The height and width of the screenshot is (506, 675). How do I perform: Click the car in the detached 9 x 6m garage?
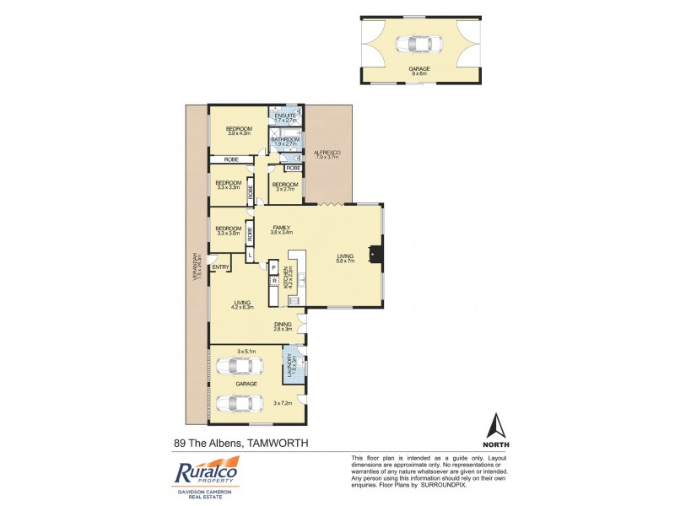(x=420, y=45)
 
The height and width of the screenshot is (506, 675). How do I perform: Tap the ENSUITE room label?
(x=279, y=116)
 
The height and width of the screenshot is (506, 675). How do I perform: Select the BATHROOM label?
(x=279, y=141)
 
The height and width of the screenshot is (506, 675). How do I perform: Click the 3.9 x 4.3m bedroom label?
(x=239, y=130)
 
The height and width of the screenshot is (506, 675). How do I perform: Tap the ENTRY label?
(x=221, y=267)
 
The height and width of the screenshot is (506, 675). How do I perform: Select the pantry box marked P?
(x=274, y=267)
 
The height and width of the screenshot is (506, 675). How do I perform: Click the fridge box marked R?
(x=274, y=281)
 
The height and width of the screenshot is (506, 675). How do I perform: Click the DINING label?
(x=282, y=326)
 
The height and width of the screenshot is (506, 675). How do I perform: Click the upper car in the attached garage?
(x=239, y=367)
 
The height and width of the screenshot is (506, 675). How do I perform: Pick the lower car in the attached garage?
(x=239, y=402)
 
